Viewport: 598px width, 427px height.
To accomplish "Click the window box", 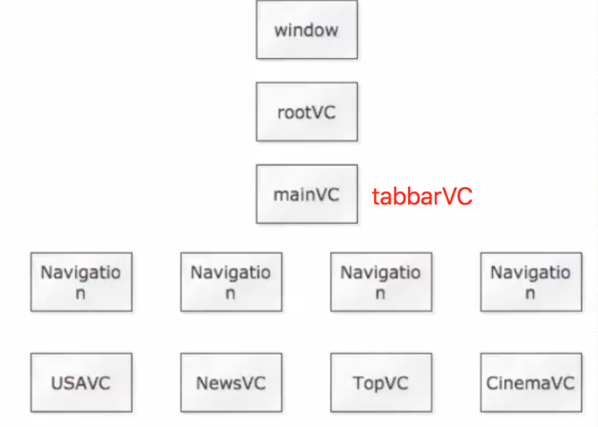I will [x=306, y=30].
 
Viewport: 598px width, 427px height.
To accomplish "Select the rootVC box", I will [x=306, y=112].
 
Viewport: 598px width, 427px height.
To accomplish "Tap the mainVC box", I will [x=306, y=194].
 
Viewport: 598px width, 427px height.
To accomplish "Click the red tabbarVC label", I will [x=422, y=196].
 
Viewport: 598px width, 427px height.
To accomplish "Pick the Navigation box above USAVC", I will [x=81, y=282].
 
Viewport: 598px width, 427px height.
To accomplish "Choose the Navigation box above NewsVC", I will [x=231, y=282].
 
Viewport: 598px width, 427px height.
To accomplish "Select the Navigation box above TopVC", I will [x=380, y=282].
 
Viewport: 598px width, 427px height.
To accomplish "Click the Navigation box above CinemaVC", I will [x=530, y=282].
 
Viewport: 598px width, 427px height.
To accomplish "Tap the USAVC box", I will [x=81, y=382].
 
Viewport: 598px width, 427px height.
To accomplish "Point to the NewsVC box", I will [x=231, y=382].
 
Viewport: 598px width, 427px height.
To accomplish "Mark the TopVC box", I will [x=380, y=382].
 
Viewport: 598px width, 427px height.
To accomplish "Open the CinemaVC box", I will [x=530, y=382].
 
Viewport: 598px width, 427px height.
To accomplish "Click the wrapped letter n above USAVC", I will [x=81, y=294].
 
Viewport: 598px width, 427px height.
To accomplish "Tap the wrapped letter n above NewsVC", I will [x=231, y=294].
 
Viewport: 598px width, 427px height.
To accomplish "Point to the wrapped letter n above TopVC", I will [x=380, y=294].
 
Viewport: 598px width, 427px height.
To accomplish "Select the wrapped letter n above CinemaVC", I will [x=530, y=294].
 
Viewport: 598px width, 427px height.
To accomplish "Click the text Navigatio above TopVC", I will [x=380, y=272].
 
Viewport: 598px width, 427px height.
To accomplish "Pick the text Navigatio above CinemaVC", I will [x=530, y=272].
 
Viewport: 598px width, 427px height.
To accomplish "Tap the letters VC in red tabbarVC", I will [x=456, y=196].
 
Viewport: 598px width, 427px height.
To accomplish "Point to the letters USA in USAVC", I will [x=68, y=382].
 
